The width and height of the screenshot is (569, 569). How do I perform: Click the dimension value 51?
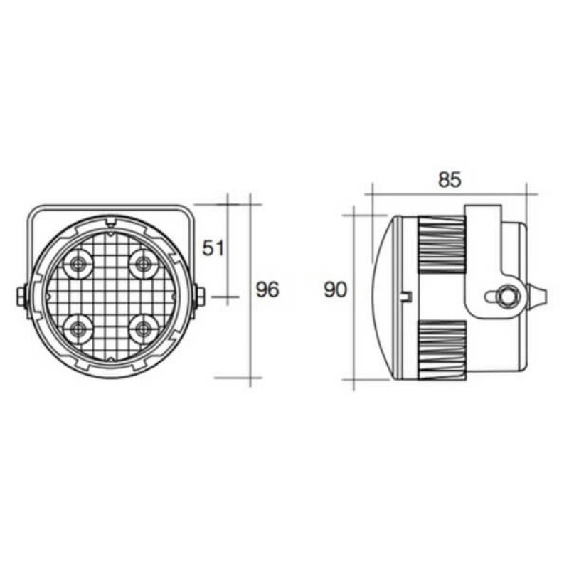[x=213, y=248]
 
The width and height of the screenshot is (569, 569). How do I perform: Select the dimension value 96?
[x=267, y=289]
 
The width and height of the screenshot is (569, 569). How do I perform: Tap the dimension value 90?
[x=335, y=289]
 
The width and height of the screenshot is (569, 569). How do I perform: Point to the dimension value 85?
[x=450, y=180]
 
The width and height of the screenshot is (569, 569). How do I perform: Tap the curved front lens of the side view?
[x=382, y=295]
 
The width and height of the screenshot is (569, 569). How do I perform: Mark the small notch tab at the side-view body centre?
[x=407, y=294]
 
